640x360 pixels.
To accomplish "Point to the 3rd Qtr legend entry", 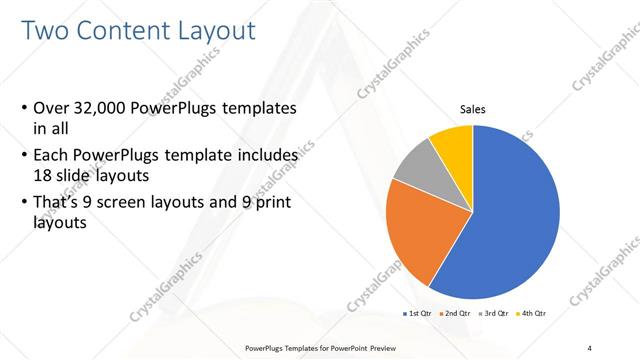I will click(496, 313).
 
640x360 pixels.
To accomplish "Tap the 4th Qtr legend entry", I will click(533, 313).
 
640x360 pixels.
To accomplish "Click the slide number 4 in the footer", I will click(591, 347).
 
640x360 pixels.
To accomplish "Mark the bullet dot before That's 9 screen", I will click(24, 204).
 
